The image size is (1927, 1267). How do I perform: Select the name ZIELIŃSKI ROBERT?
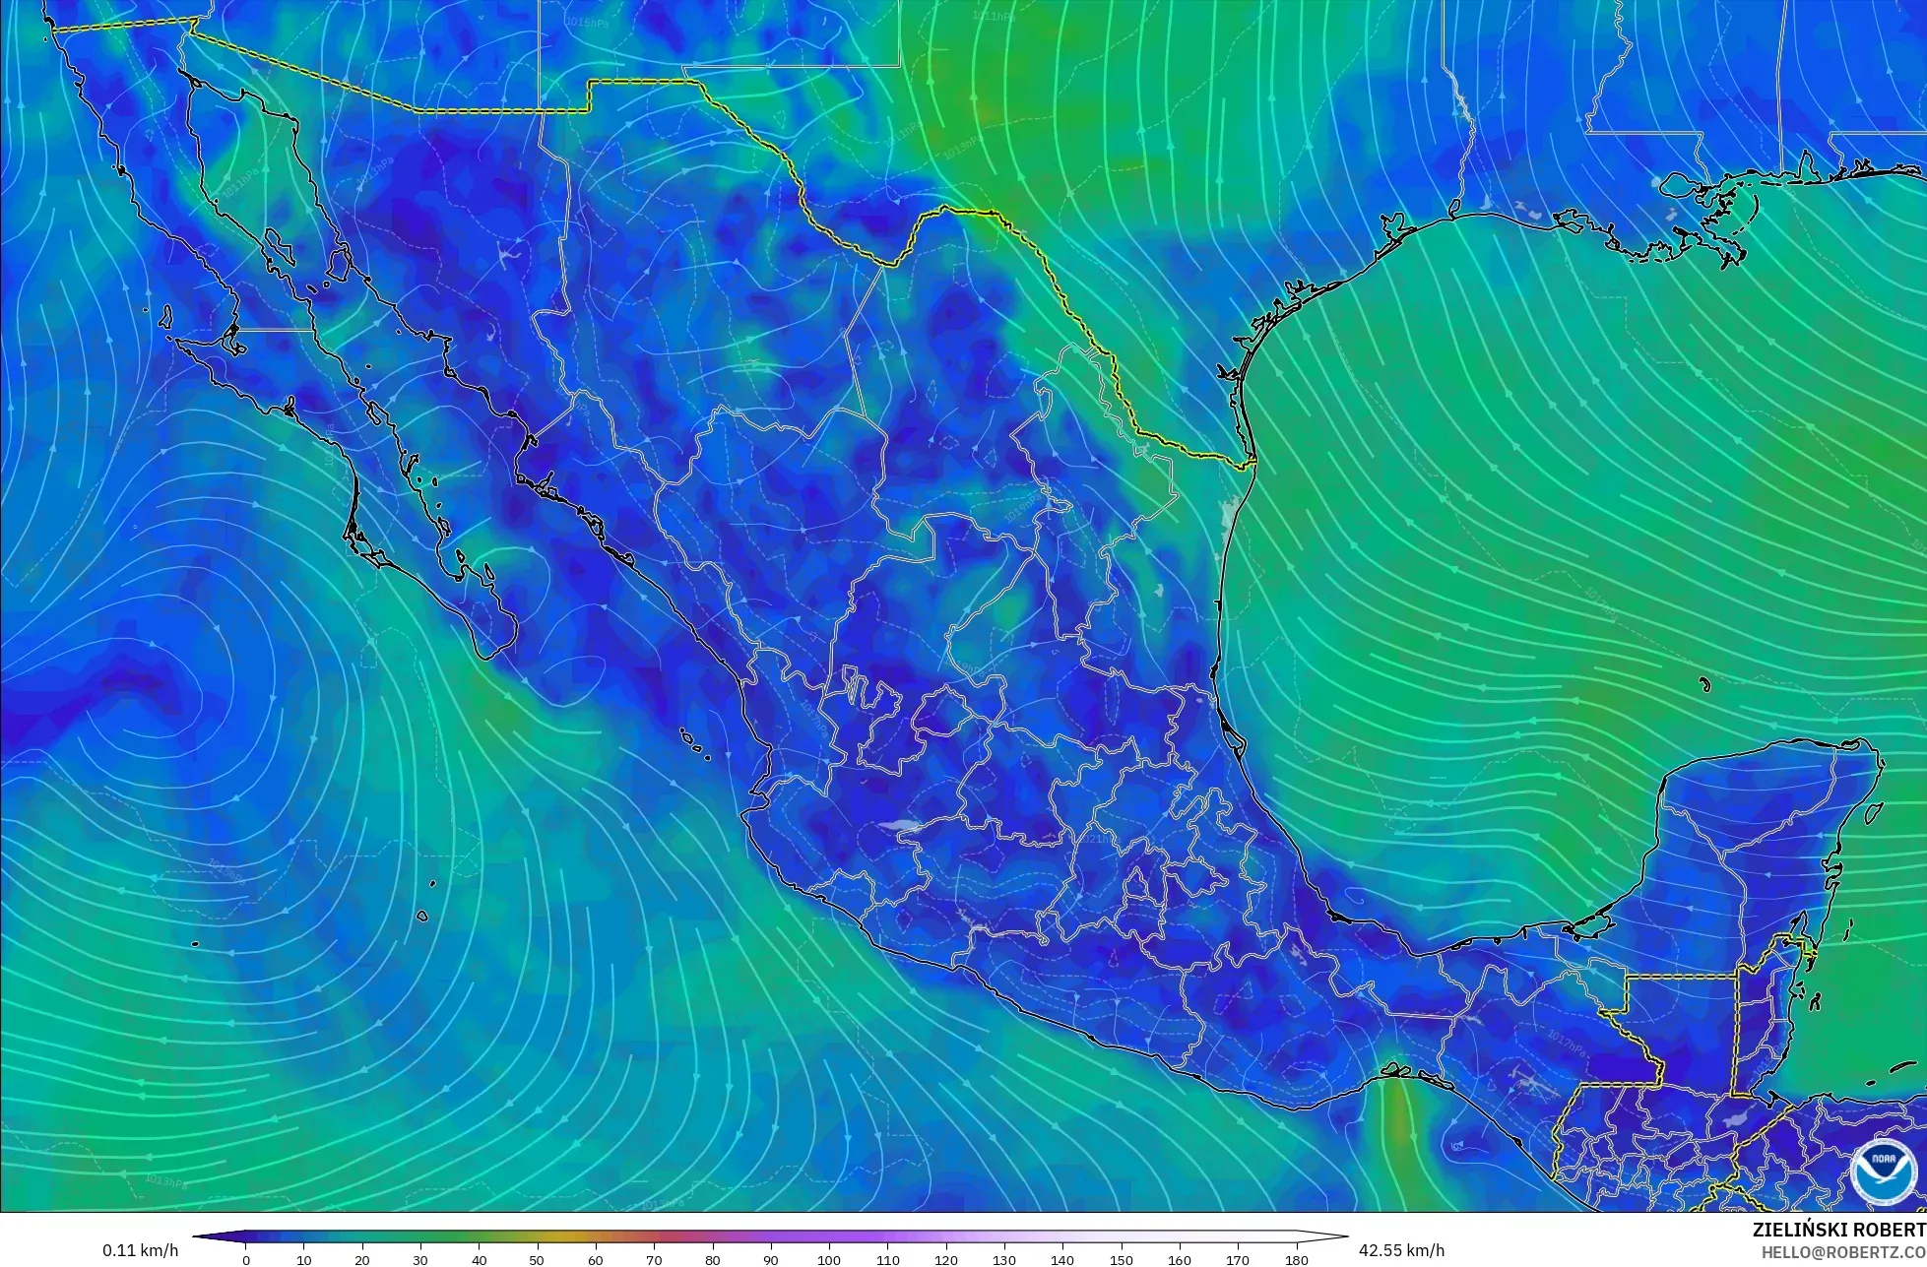[1838, 1230]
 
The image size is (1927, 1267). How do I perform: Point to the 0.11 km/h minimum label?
[140, 1250]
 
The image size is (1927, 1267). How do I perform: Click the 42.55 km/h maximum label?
[1401, 1250]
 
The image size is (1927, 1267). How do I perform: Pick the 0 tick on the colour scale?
[246, 1259]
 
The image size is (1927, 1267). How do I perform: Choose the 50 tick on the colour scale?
[538, 1259]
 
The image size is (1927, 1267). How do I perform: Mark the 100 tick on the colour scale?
[829, 1259]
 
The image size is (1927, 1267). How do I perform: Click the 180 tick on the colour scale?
[1296, 1259]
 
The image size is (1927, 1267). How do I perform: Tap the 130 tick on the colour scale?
[1004, 1259]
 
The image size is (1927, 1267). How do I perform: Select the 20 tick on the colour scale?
[362, 1259]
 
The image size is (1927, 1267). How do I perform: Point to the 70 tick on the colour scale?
[654, 1259]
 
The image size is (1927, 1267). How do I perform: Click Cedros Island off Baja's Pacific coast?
[164, 317]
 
